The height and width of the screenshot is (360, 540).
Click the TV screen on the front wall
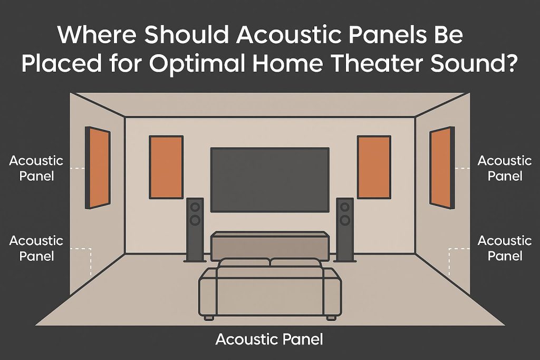(270, 179)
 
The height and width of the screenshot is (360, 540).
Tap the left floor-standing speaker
(195, 229)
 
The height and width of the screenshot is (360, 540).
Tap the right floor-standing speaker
(345, 229)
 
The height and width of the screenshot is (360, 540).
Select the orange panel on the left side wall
(99, 168)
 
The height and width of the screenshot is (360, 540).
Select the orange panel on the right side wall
(441, 168)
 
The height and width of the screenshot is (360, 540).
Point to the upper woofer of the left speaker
(195, 207)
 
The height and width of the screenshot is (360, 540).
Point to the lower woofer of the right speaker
(345, 219)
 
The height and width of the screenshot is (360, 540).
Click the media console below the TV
(270, 244)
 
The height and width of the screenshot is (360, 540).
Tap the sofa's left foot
(209, 318)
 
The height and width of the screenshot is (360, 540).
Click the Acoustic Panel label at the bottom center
(269, 339)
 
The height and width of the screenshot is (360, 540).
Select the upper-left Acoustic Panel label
(36, 168)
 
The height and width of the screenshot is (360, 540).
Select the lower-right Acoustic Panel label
(505, 248)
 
